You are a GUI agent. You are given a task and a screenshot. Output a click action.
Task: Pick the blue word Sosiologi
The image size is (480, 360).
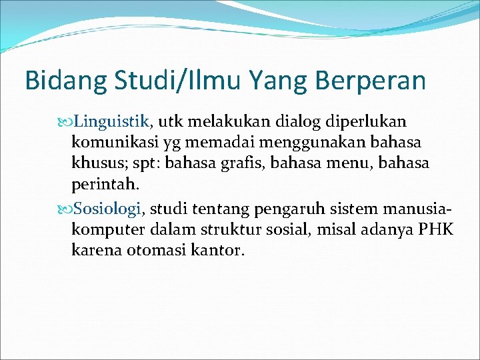click(108, 209)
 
